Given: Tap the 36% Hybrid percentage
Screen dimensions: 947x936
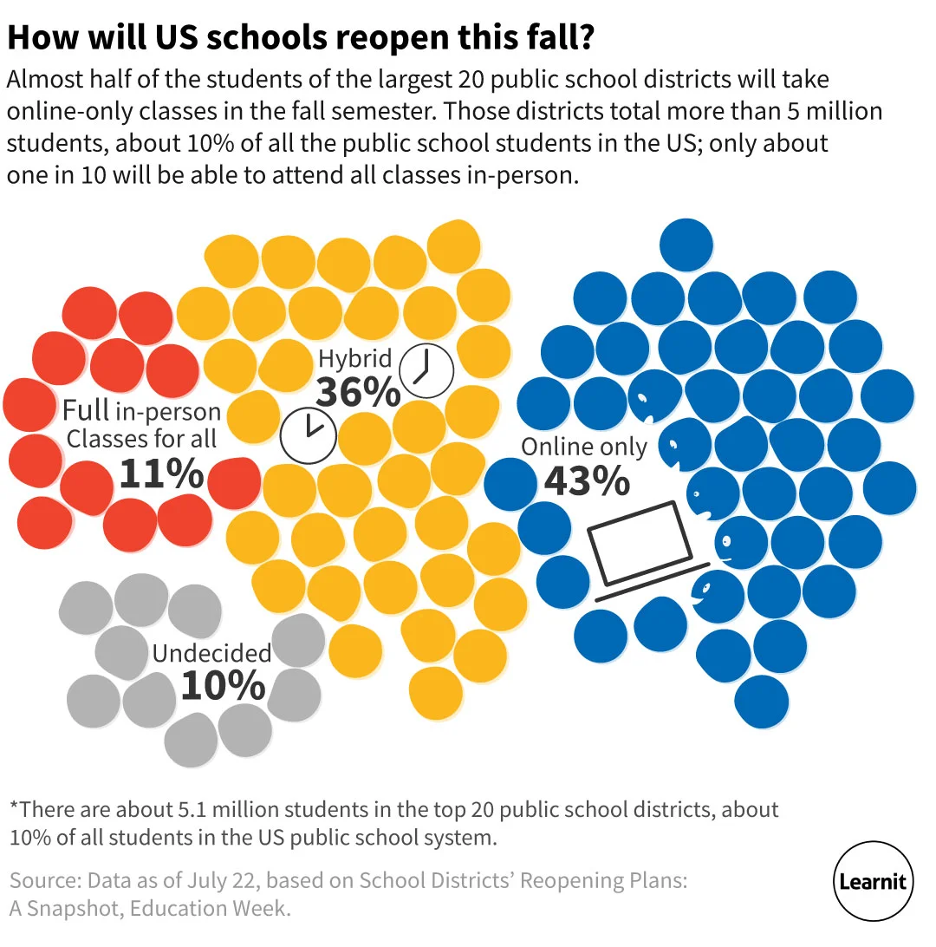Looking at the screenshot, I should tap(358, 391).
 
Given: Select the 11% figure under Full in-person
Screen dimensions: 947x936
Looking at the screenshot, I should tap(161, 473).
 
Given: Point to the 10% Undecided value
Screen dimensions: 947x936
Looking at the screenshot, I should tap(223, 685).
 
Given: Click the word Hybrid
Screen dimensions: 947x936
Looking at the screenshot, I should tap(354, 358).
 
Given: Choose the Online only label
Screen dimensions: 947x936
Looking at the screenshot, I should tap(583, 447).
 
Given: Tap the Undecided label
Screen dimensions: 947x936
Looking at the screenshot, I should tap(211, 653).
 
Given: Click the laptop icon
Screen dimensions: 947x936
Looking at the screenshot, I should tap(642, 546).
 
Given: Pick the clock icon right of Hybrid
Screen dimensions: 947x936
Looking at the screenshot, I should tap(426, 371).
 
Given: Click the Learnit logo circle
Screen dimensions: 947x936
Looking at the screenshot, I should tap(873, 882).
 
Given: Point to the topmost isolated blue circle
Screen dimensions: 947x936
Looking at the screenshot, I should tap(686, 245).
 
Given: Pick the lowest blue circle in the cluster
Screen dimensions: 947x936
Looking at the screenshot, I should tap(762, 701).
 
